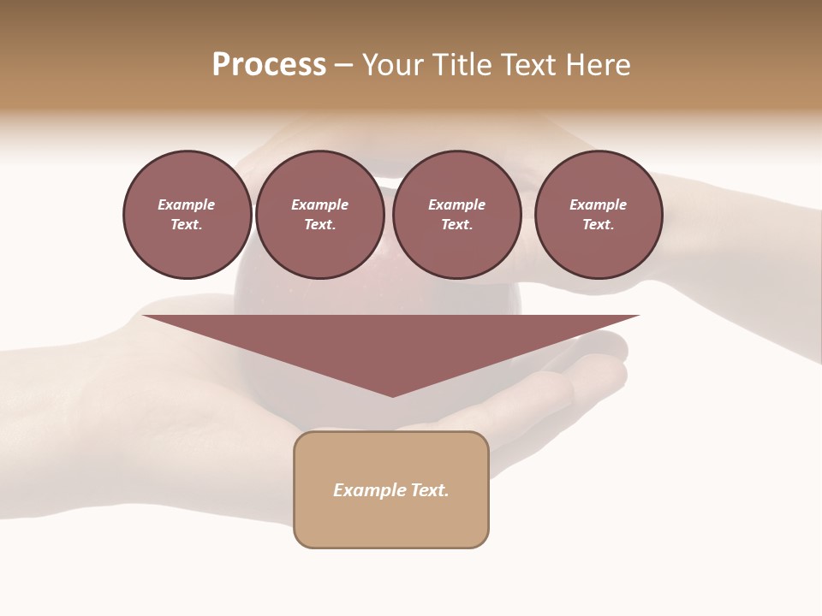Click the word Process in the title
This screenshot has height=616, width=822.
(269, 65)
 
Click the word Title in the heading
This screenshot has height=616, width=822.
(461, 65)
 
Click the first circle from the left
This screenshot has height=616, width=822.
(187, 215)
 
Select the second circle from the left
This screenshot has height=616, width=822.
(319, 215)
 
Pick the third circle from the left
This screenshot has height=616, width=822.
(456, 215)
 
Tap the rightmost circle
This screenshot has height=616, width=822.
(598, 215)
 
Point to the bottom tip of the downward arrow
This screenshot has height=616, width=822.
(392, 396)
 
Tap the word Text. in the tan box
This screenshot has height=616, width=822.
(430, 490)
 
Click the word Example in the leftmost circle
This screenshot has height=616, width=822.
(187, 204)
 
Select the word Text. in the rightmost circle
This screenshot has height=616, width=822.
(598, 225)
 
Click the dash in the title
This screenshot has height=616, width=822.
(343, 65)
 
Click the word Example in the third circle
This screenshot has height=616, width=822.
(456, 204)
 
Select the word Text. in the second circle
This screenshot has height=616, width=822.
(319, 225)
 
